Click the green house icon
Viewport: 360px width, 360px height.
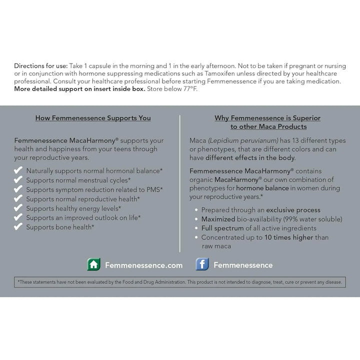point(94,264)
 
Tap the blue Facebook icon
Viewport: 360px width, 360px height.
point(202,264)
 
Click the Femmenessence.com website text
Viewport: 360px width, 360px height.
point(143,265)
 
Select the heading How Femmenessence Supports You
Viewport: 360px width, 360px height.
point(93,118)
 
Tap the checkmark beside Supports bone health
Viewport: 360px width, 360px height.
point(18,226)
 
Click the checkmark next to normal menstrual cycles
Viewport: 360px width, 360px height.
point(18,180)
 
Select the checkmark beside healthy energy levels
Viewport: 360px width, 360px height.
point(18,208)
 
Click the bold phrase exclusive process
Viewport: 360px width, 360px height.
point(294,210)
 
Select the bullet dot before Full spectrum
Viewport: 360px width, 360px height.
point(196,228)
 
